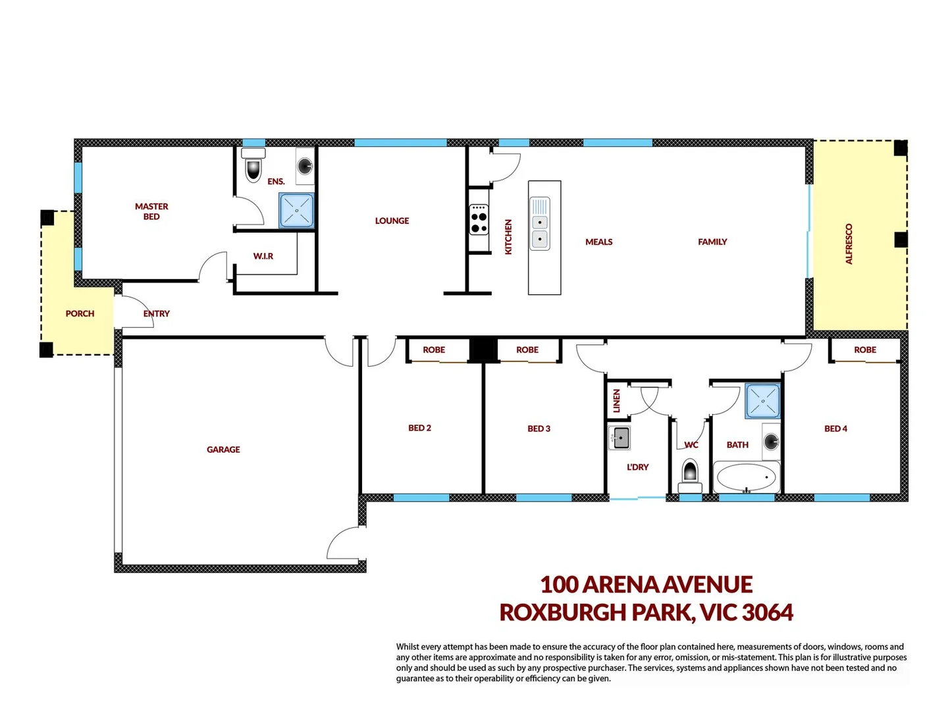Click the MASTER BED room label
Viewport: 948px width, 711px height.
click(151, 211)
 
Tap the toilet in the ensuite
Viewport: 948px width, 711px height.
click(253, 165)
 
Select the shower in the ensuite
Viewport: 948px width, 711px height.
click(296, 211)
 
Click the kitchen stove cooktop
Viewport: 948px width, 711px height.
click(479, 220)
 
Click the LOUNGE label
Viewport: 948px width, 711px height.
click(392, 221)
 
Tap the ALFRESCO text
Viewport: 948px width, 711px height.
click(849, 244)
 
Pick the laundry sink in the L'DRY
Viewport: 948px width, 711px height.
click(619, 438)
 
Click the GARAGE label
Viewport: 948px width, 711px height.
click(223, 450)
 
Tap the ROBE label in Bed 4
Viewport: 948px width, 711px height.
click(864, 350)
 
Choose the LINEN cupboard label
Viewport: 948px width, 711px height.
click(617, 400)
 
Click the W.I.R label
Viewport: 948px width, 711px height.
click(263, 256)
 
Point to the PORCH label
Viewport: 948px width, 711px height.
click(80, 314)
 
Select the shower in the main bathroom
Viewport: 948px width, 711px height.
click(763, 401)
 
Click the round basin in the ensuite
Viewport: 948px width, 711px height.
click(305, 165)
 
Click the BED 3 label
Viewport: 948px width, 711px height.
click(539, 429)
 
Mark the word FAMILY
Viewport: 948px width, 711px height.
click(712, 242)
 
